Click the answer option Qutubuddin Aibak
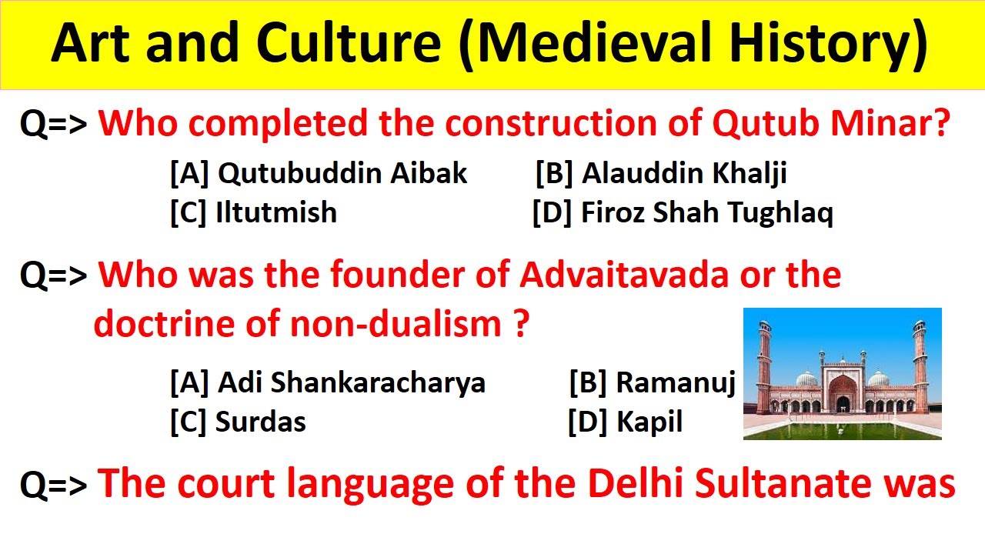[x=318, y=174]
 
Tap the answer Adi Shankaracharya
[x=327, y=382]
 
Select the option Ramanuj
[x=653, y=382]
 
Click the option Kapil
[x=625, y=422]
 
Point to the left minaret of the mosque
[x=764, y=362]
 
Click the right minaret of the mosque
[x=920, y=362]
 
